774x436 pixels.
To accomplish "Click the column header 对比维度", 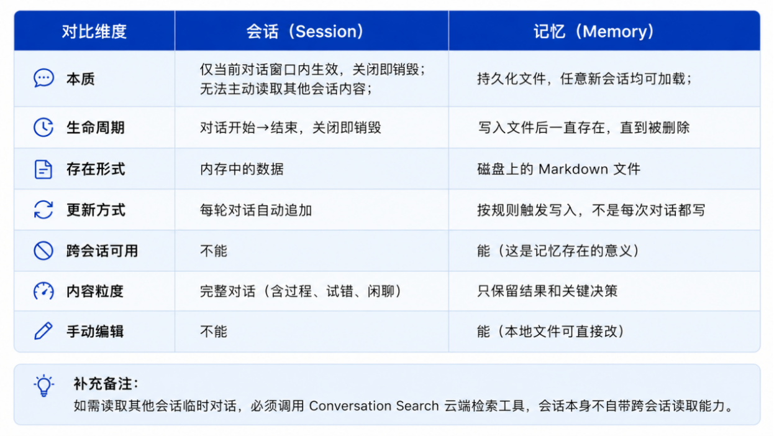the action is coord(94,32).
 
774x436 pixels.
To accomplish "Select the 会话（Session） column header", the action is coord(305,32).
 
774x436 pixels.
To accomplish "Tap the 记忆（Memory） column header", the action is coord(594,32).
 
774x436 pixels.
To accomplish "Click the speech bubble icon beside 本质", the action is coord(43,78).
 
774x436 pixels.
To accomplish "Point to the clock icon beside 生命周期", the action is coord(43,128).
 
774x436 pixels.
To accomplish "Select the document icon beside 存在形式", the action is coord(43,169).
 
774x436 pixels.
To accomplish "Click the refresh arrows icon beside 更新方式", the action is coord(43,210).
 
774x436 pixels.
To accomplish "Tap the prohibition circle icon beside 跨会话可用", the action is coord(43,251).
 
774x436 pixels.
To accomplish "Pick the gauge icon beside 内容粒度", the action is coord(43,291).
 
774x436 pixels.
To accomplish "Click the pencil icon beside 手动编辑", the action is coord(43,331).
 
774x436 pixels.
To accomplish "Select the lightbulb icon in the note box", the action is coord(44,386).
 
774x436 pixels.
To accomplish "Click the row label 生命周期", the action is coord(96,128).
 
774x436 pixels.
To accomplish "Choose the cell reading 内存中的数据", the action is coord(242,169).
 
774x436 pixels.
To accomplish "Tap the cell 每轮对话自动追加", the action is coord(256,210).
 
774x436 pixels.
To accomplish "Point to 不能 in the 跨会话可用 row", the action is coord(214,251).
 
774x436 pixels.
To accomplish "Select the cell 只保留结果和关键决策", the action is coord(547,291).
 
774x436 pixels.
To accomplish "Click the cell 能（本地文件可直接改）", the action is coord(552,332).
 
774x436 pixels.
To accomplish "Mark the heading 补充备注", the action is coord(106,384).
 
